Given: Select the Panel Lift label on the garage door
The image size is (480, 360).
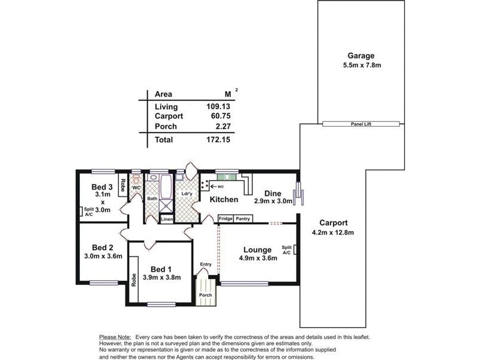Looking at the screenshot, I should tap(361, 124).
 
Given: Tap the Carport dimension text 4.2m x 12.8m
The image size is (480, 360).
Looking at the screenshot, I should tap(333, 233).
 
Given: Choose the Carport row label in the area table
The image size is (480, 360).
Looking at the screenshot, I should tap(169, 116).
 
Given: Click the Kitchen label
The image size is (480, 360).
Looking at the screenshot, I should tap(223, 199).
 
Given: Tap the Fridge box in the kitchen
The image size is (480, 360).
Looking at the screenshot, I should tap(226, 218).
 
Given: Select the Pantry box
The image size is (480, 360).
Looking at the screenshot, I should tap(243, 218).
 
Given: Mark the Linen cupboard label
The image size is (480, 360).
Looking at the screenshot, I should tap(167, 220).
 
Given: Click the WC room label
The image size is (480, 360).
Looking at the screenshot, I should tap(136, 188).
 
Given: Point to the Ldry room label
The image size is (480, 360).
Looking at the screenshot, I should tap(186, 193).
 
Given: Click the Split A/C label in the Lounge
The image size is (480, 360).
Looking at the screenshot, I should tap(286, 250).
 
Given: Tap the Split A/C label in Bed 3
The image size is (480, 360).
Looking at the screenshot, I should tap(88, 212).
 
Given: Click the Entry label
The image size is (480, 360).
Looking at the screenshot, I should tap(205, 264).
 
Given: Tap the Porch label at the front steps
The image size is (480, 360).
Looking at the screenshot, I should tap(205, 295).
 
